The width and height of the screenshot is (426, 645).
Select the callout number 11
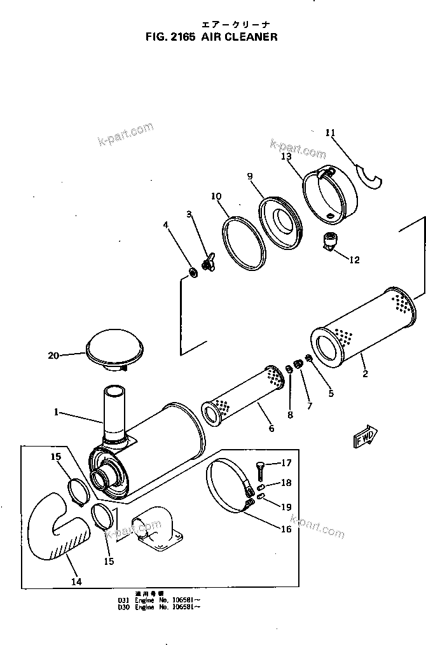coord(330,132)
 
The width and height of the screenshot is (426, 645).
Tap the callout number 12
coord(354,260)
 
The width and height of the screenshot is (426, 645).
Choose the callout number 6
coord(271,428)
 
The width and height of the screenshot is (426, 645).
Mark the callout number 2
coord(365,374)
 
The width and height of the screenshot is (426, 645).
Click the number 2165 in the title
coord(181,37)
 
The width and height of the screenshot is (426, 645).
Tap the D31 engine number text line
coord(158,600)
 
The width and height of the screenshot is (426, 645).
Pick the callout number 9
coord(250,176)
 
